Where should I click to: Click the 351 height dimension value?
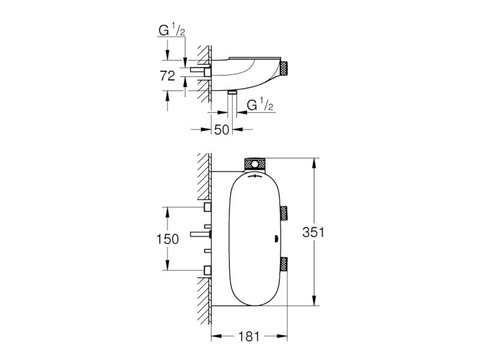pyautogui.click(x=313, y=232)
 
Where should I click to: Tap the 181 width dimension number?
pyautogui.click(x=249, y=337)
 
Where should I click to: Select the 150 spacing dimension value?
pyautogui.click(x=167, y=239)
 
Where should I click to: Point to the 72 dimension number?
pyautogui.click(x=167, y=76)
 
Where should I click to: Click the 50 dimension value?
pyautogui.click(x=221, y=130)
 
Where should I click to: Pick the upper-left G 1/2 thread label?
pyautogui.click(x=172, y=31)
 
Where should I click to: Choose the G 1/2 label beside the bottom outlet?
pyautogui.click(x=260, y=106)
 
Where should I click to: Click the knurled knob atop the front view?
pyautogui.click(x=254, y=164)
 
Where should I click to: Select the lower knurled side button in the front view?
pyautogui.click(x=284, y=264)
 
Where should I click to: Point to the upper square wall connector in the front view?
pyautogui.click(x=208, y=207)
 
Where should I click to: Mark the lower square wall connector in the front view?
pyautogui.click(x=208, y=270)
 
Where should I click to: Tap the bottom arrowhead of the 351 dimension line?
pyautogui.click(x=314, y=301)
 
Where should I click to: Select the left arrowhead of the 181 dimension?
pyautogui.click(x=217, y=337)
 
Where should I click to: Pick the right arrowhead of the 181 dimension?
pyautogui.click(x=283, y=337)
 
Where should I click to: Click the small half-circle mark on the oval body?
pyautogui.click(x=277, y=239)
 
